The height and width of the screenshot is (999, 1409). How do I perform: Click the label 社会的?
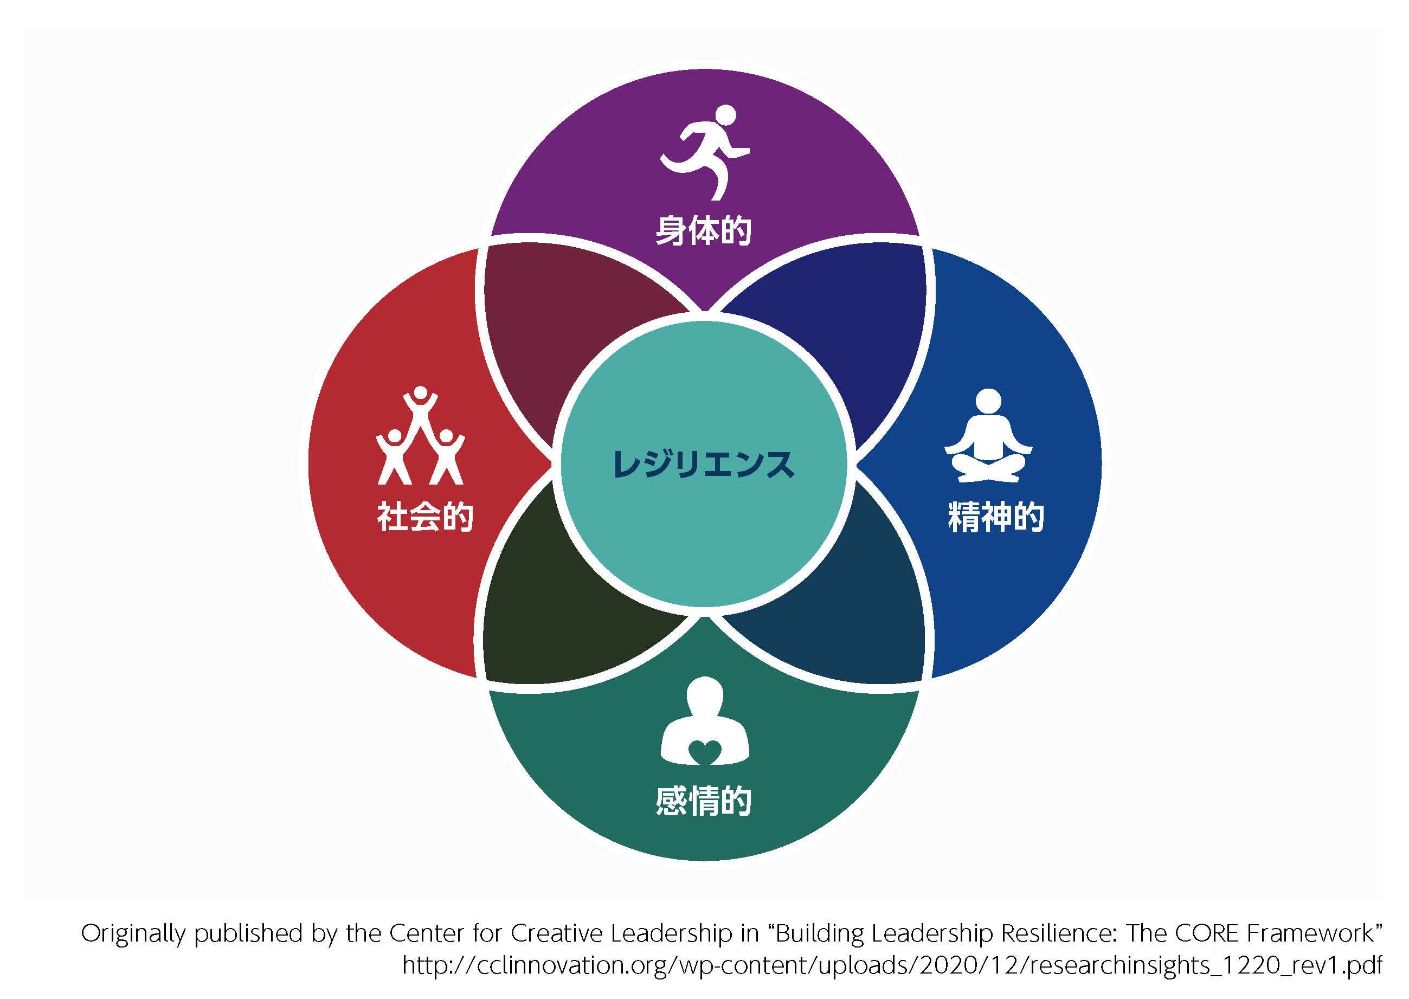(425, 516)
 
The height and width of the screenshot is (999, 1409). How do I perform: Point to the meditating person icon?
(988, 435)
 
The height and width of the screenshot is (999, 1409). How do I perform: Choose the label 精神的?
(996, 516)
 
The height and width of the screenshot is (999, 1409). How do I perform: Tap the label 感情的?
(704, 801)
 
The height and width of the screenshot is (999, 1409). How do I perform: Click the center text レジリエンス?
(704, 465)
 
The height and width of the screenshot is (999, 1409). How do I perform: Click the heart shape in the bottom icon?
(705, 751)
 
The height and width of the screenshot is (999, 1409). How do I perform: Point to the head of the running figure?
(725, 115)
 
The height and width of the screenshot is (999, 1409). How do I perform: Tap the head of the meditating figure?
(988, 401)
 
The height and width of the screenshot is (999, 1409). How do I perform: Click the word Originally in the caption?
(133, 934)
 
